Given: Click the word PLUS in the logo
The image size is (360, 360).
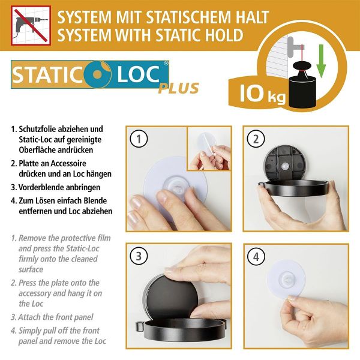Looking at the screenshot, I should (x=178, y=89).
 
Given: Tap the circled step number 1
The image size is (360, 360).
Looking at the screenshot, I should (x=139, y=140).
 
